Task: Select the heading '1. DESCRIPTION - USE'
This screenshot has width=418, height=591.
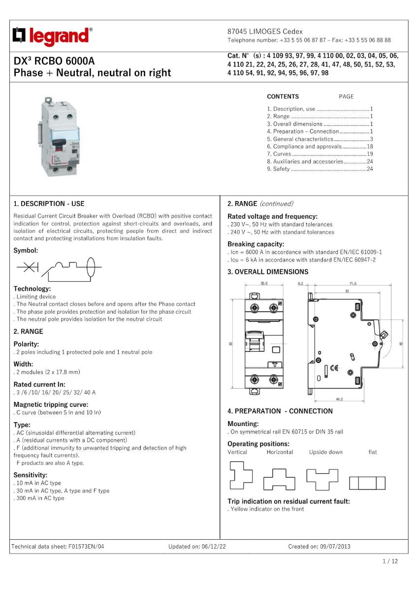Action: [x=49, y=203]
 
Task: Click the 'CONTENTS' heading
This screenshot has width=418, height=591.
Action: [x=283, y=97]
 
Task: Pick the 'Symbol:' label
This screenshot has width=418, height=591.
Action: [x=26, y=250]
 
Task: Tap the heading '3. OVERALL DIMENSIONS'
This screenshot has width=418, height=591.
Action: [x=268, y=272]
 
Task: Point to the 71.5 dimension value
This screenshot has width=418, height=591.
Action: [x=353, y=284]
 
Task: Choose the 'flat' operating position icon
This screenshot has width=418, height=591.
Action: [x=367, y=483]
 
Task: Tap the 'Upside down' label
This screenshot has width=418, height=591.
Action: [x=325, y=452]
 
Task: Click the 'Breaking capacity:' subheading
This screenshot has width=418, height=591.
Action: [x=256, y=244]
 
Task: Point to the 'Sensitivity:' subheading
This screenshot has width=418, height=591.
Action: [x=31, y=475]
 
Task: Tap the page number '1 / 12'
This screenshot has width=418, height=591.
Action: [x=390, y=561]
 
